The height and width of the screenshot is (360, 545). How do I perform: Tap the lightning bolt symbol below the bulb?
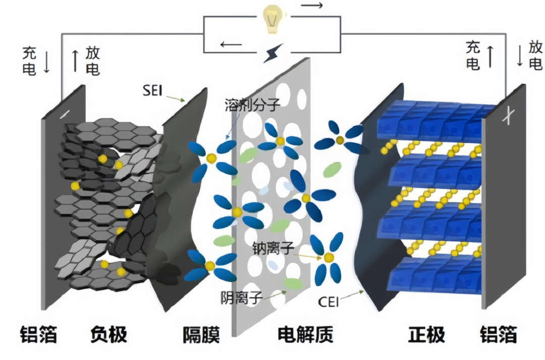[x=273, y=53]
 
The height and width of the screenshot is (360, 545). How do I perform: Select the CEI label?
[x=328, y=302]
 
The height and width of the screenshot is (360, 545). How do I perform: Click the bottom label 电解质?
[x=305, y=334]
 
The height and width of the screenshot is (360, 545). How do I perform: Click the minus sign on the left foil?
[x=65, y=115]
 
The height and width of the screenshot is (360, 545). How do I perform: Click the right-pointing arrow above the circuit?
[x=313, y=6]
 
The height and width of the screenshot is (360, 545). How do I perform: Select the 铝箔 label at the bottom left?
[x=38, y=334]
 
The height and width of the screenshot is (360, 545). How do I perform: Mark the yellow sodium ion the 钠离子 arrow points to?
[x=329, y=258]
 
